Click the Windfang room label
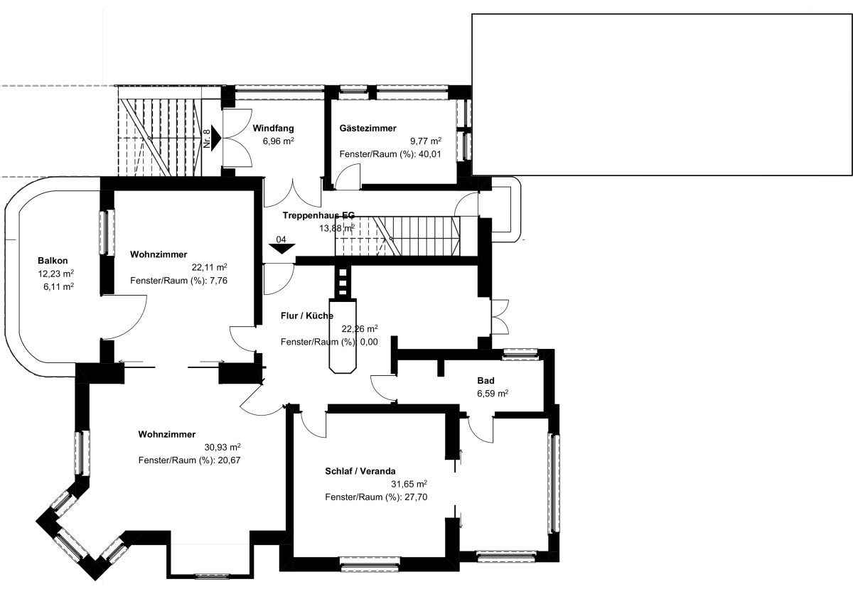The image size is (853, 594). pos(273,128)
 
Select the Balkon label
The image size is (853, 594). pos(53,261)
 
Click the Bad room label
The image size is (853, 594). pos(486,381)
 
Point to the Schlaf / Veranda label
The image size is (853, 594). pos(360,472)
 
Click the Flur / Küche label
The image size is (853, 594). pos(307,316)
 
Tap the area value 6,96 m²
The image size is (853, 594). pos(279,141)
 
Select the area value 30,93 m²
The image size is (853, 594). pos(222,447)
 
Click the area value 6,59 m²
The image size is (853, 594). pos(493,394)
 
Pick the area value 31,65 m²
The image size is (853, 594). pos(409,485)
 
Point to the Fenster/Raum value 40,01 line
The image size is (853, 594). pos(390,154)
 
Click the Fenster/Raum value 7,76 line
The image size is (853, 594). pos(178,281)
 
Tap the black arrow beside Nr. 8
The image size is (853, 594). pos(216,138)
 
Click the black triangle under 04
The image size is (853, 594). pos(281,249)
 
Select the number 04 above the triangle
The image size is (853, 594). pos(281,239)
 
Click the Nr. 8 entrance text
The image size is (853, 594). pos(207,139)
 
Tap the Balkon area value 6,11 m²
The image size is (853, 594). pos(58,286)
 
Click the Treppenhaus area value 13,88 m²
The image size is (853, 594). pos(337,228)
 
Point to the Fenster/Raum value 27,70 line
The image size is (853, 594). pos(376,497)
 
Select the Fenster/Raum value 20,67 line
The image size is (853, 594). pos(189,460)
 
